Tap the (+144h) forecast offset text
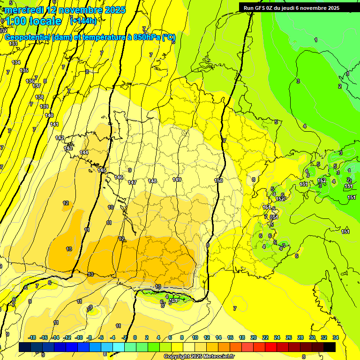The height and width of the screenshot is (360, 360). click(x=83, y=21)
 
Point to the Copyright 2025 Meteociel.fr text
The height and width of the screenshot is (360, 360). click(x=199, y=356)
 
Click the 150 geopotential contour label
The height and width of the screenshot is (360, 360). click(x=218, y=180)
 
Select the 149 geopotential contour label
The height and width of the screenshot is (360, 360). click(x=177, y=180)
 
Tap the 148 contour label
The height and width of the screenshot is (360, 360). click(x=152, y=181)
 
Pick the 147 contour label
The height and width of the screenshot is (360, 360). click(x=132, y=182)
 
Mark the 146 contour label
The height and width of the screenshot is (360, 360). click(x=119, y=177)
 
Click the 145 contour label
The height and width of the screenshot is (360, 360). click(x=102, y=170)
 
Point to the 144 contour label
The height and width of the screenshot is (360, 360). click(x=84, y=152)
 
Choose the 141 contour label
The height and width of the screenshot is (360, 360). click(x=54, y=124)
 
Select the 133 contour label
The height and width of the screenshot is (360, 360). click(x=13, y=44)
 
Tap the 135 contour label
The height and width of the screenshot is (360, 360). click(x=24, y=70)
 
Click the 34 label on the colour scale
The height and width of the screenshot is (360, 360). click(x=335, y=337)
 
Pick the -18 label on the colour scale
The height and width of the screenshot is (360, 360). click(x=32, y=337)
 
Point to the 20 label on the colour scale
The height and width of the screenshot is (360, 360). click(x=254, y=337)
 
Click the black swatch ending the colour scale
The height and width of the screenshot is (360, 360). click(x=330, y=347)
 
